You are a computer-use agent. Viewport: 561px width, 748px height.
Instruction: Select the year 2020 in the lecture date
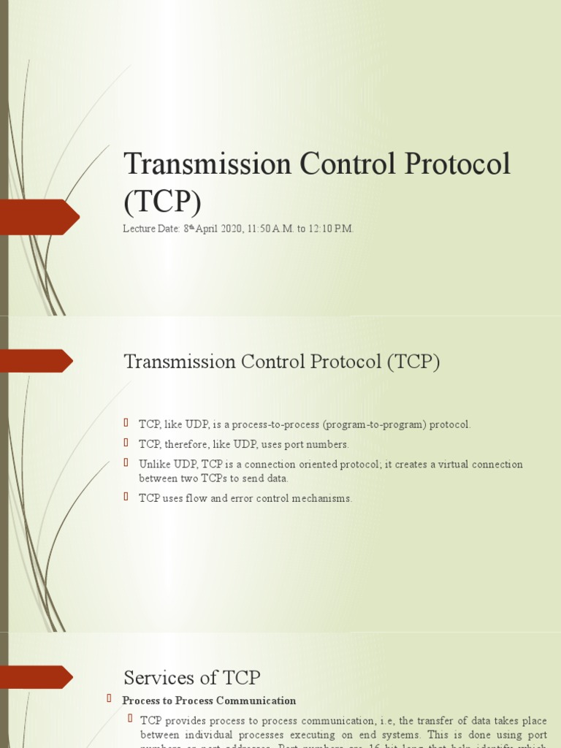pos(229,229)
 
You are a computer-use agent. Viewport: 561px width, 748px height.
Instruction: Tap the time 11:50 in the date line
pos(262,229)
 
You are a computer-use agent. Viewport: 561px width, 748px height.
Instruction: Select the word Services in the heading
pos(158,677)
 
